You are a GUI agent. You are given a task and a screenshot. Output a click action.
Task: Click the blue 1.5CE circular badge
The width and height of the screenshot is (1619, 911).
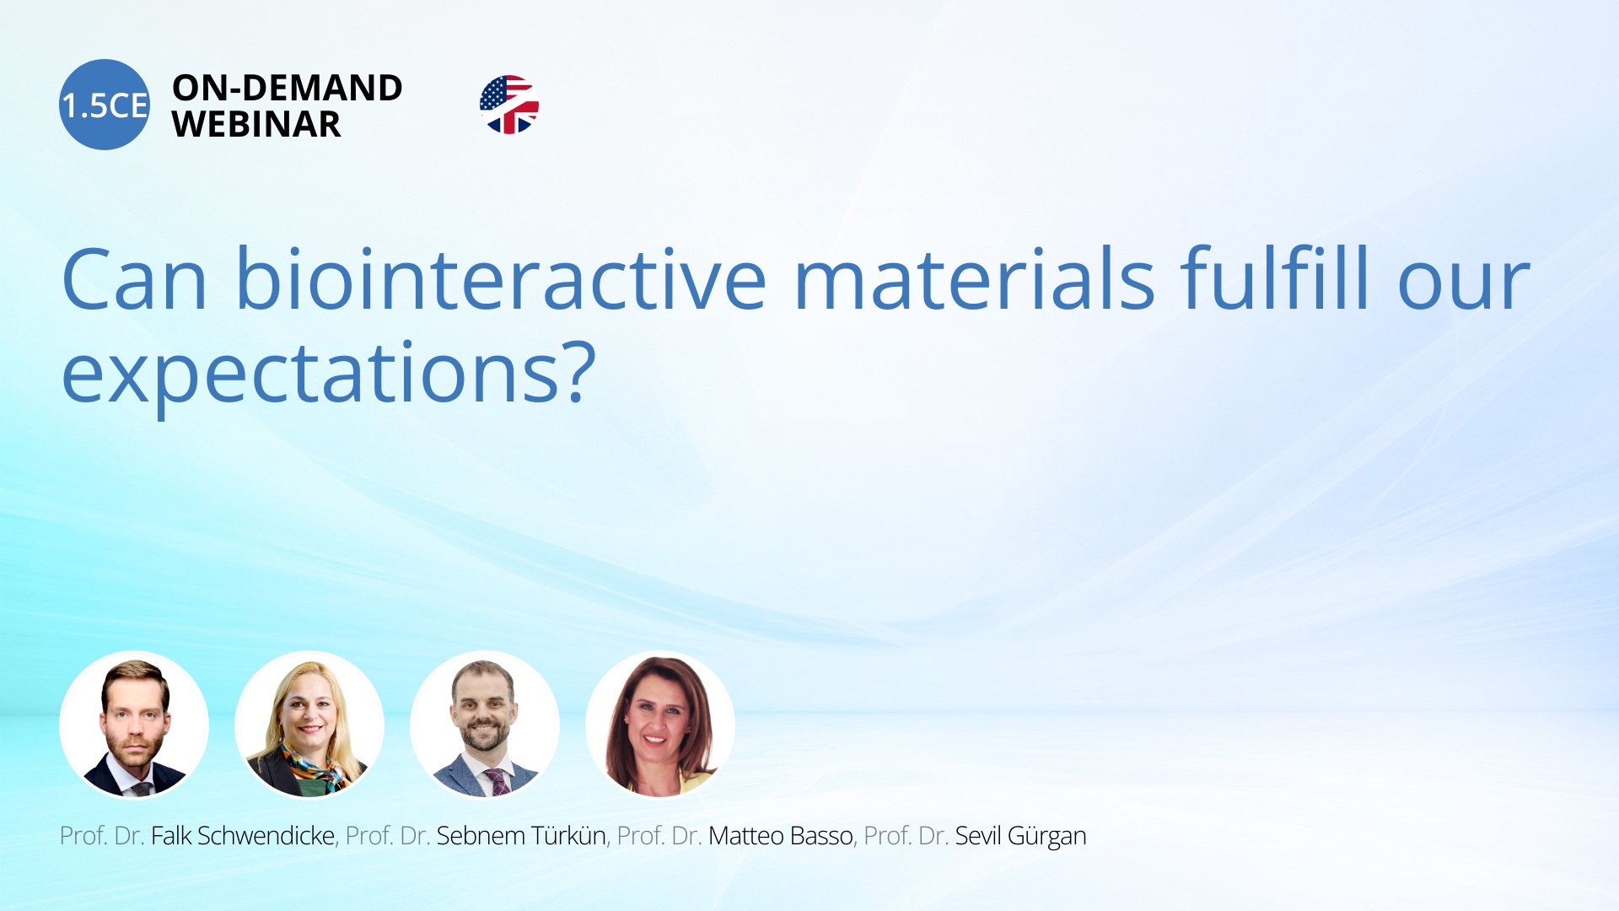click(105, 105)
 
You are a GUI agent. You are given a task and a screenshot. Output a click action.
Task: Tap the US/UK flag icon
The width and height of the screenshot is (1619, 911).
click(509, 105)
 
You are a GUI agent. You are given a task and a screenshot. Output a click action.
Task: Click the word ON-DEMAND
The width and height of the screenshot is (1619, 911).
click(288, 88)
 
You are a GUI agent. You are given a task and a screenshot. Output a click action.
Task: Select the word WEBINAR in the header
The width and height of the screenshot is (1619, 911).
click(256, 124)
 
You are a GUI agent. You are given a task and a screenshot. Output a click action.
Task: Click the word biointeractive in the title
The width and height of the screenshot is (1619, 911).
click(501, 278)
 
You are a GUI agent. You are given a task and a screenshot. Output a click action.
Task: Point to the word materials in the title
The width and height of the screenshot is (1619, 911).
click(974, 278)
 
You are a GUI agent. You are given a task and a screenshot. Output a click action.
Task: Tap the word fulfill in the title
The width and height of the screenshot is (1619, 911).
click(1275, 278)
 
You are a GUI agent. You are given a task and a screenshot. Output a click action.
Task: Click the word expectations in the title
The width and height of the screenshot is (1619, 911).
click(310, 373)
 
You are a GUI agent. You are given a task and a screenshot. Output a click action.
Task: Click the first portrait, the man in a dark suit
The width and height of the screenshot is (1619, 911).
click(134, 725)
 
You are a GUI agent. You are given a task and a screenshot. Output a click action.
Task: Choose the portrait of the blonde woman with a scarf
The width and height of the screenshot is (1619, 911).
click(309, 725)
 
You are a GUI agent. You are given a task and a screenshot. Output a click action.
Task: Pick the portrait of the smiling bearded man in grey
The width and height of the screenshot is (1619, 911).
click(485, 725)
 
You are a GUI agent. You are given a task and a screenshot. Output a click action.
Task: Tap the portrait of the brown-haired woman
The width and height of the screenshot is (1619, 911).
click(660, 725)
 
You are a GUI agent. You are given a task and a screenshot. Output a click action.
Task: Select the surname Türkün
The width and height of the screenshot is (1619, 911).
click(568, 836)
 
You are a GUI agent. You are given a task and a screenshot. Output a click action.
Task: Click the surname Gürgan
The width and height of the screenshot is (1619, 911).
click(1046, 837)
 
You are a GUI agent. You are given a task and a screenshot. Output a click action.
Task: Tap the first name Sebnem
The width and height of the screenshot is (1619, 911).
click(481, 836)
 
